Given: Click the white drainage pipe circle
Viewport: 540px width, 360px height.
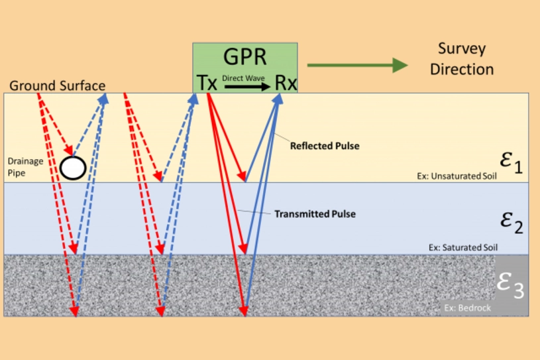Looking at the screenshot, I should (x=73, y=168).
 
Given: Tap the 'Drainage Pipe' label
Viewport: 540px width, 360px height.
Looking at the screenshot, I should (x=25, y=166).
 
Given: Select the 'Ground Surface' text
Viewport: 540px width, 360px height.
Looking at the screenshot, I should (x=58, y=86).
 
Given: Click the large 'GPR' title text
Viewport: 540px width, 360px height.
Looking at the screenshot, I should (x=244, y=58).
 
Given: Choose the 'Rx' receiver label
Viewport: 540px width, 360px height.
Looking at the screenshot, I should (x=286, y=83).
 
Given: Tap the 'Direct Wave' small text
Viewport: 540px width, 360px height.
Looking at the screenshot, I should (x=243, y=78).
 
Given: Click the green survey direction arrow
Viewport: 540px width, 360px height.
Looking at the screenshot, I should (x=357, y=64).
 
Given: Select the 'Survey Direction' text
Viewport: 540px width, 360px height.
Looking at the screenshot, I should (x=462, y=59).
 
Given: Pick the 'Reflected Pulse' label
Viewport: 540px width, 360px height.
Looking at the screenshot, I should (x=325, y=145).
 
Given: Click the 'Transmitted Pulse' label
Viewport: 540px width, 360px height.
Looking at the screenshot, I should (x=315, y=214).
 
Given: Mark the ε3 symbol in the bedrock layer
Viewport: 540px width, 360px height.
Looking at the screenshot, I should (x=511, y=286).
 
